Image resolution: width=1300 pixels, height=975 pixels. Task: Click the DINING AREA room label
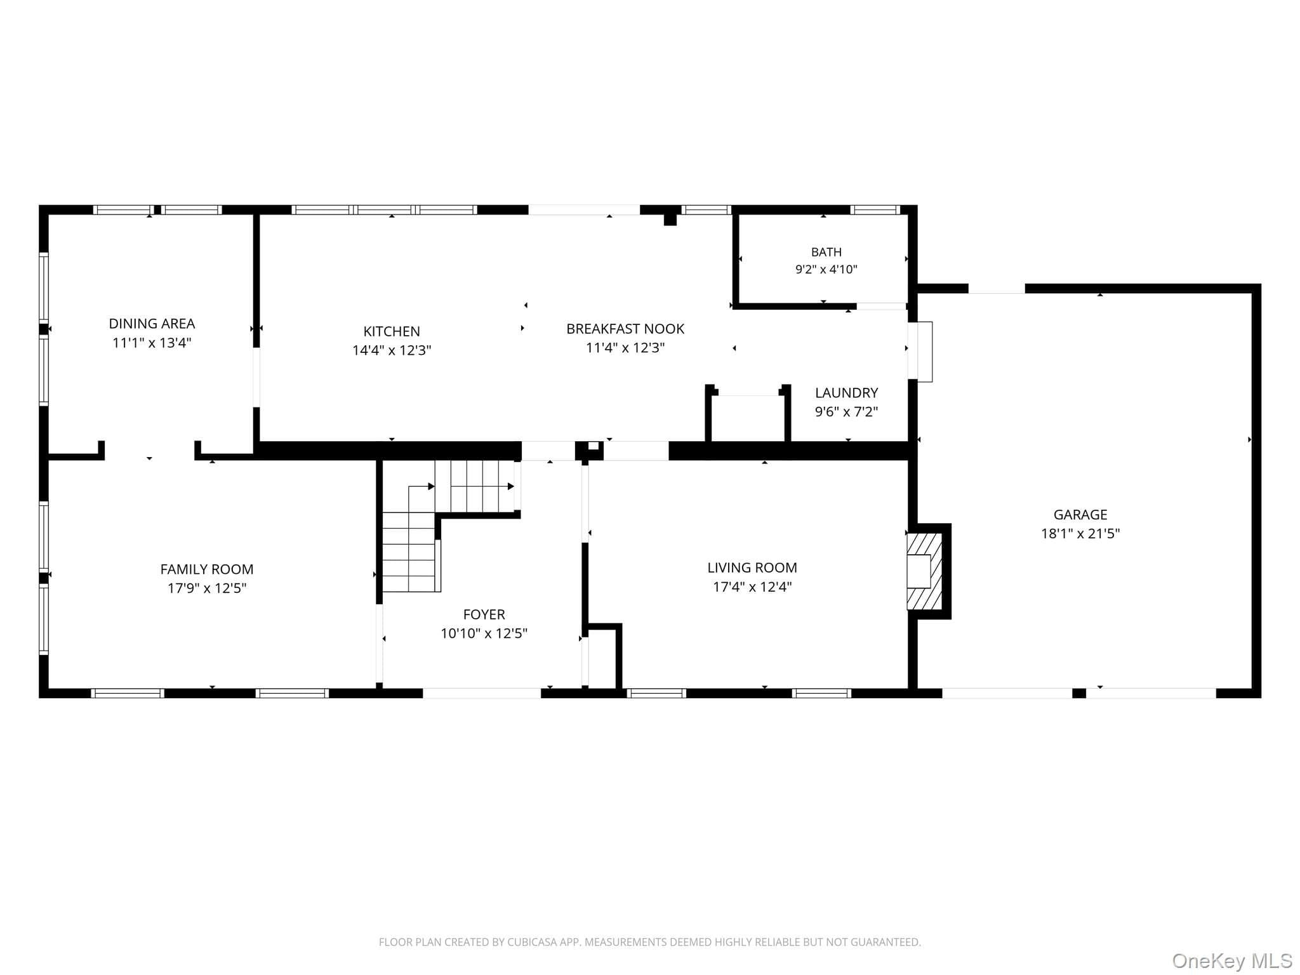click(152, 324)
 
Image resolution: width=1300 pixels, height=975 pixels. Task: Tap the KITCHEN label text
click(392, 331)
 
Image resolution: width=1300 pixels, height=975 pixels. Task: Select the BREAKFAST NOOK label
click(625, 329)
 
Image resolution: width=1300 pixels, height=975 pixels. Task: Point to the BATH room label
click(826, 252)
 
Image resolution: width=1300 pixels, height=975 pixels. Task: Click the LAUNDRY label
click(847, 393)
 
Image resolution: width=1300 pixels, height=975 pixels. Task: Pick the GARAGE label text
click(1080, 515)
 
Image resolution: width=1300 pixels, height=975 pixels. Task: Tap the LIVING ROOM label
click(752, 567)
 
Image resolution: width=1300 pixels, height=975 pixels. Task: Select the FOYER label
click(484, 614)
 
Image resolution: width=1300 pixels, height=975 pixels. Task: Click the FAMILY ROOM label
click(207, 569)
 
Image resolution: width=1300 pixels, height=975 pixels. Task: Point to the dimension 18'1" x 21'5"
click(1080, 534)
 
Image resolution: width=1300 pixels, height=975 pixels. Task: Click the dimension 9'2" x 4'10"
click(826, 269)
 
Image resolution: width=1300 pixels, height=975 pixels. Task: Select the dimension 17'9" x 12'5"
click(207, 588)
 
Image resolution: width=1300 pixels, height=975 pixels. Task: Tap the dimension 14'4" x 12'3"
click(392, 350)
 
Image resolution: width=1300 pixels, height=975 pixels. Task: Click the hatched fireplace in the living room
click(924, 571)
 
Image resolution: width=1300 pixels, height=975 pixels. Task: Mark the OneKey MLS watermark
click(1232, 960)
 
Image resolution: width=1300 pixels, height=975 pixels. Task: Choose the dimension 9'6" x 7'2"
click(847, 412)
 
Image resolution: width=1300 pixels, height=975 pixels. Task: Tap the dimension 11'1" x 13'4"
click(152, 343)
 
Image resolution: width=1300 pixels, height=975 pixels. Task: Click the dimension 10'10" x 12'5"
click(484, 633)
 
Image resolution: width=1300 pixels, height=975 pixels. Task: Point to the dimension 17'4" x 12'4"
click(752, 587)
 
